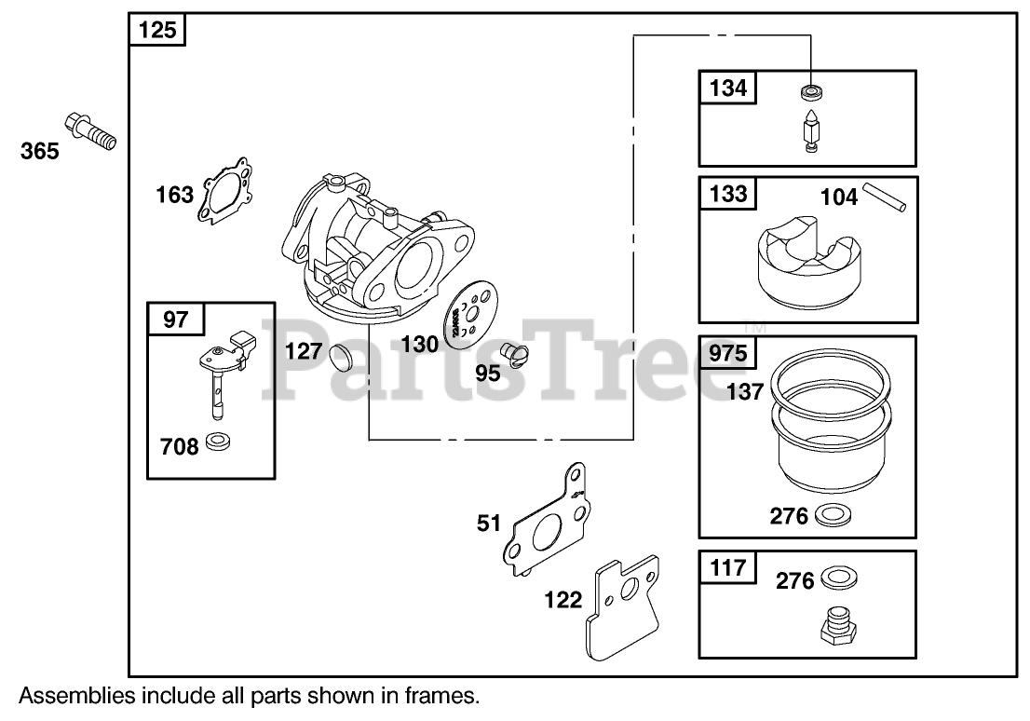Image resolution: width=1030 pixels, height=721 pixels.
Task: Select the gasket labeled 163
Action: tap(224, 190)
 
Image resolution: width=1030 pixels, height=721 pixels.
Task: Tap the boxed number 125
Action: tap(157, 31)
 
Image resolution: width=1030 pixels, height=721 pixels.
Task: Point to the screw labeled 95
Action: tap(513, 354)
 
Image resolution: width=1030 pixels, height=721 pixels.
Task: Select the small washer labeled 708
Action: tap(220, 442)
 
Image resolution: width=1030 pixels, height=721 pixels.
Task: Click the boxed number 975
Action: tap(728, 352)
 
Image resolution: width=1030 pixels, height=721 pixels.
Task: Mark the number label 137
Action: tap(745, 391)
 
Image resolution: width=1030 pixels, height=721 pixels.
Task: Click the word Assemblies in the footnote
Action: tap(76, 695)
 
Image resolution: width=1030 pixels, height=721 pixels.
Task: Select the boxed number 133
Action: tap(728, 193)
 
